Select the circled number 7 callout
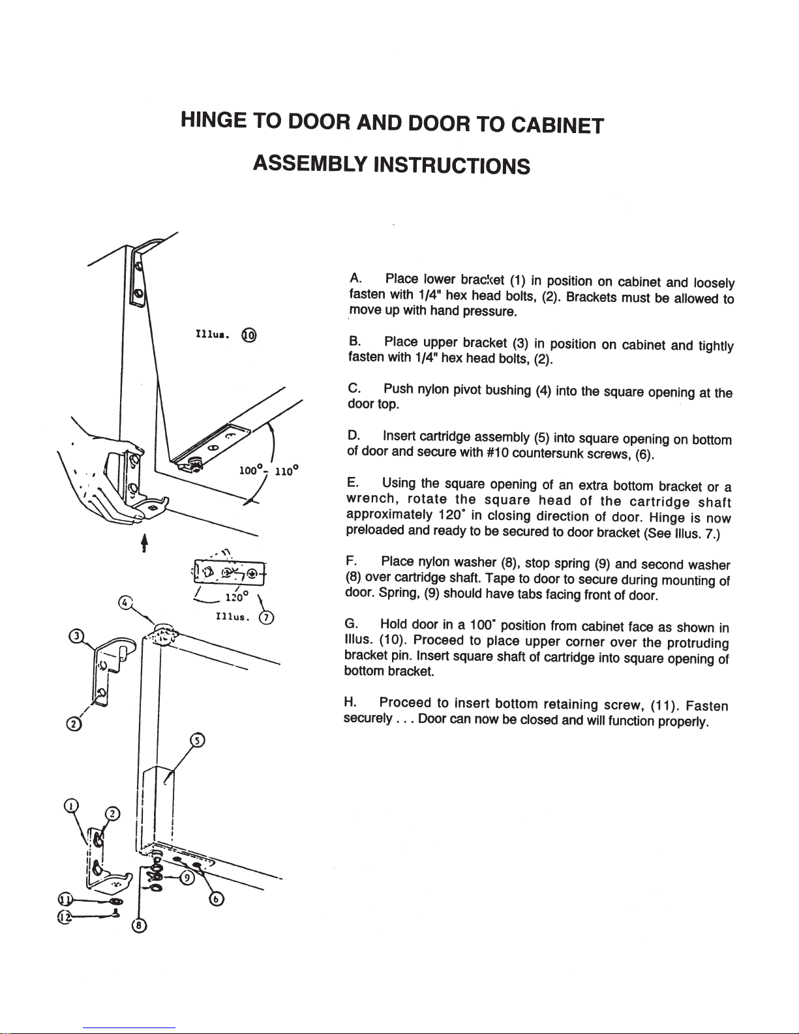pyautogui.click(x=266, y=618)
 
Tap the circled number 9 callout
pyautogui.click(x=187, y=877)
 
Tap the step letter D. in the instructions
pyautogui.click(x=354, y=435)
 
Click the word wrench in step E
pyautogui.click(x=370, y=500)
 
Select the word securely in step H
pyautogui.click(x=367, y=719)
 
